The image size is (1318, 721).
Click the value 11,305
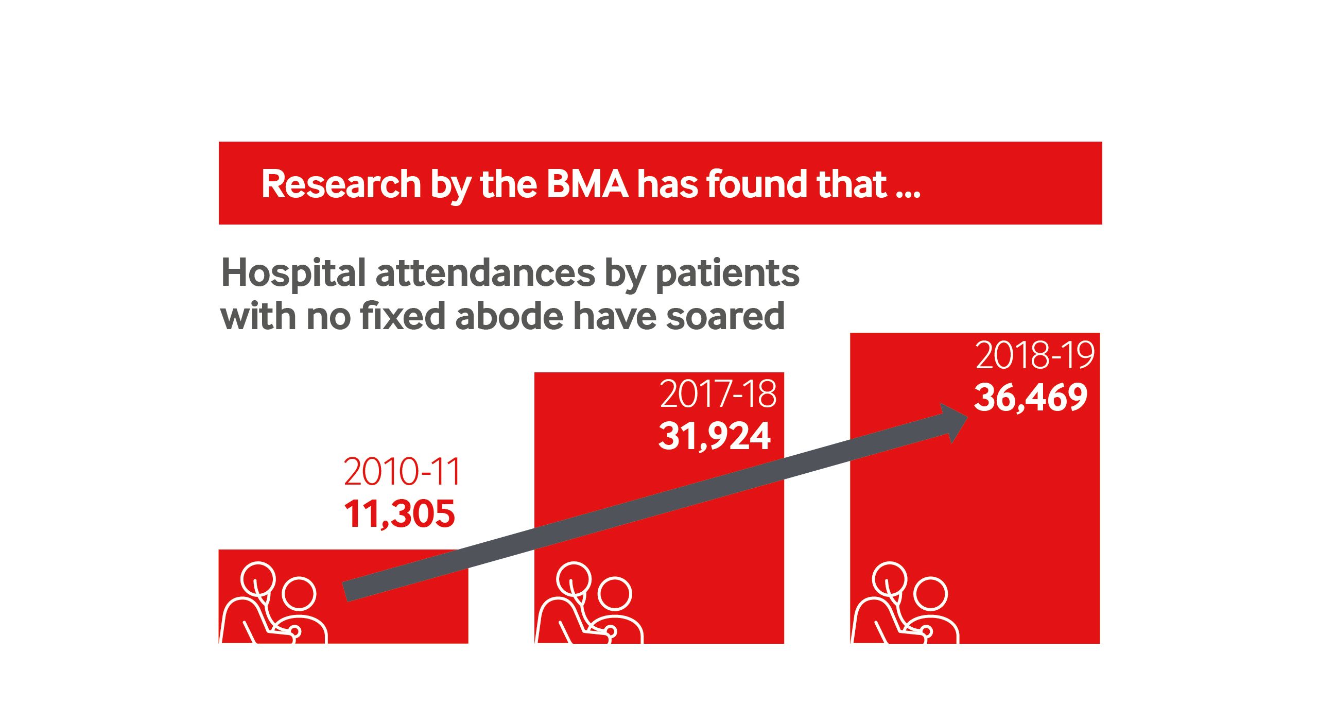click(400, 514)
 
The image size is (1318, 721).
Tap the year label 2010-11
click(402, 472)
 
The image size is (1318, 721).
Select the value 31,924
click(715, 436)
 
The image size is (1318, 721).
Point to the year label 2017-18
click(718, 394)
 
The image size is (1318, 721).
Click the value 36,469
click(1030, 397)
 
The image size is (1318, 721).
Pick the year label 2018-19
click(1034, 355)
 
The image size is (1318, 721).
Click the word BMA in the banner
click(587, 184)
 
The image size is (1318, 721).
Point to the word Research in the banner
click(341, 184)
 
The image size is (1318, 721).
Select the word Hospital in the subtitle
click(293, 274)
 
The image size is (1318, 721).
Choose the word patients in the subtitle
click(727, 274)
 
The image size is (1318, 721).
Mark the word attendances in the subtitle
click(485, 273)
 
